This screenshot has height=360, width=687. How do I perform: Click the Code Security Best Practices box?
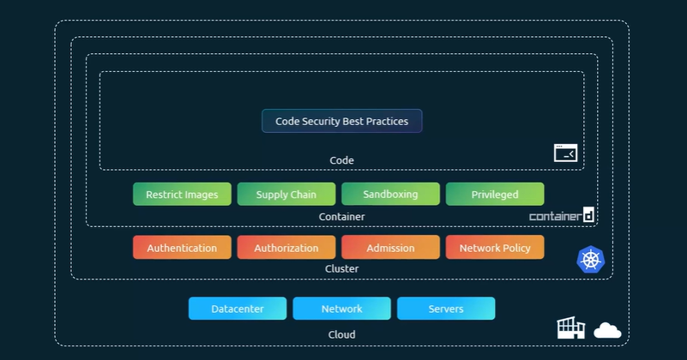pyautogui.click(x=341, y=121)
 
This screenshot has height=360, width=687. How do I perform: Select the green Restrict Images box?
pyautogui.click(x=182, y=195)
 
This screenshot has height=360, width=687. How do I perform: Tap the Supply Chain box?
pyautogui.click(x=286, y=195)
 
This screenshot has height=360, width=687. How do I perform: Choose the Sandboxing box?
pyautogui.click(x=390, y=195)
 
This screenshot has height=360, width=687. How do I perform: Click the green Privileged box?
pyautogui.click(x=495, y=195)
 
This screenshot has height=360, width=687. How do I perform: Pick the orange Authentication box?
pyautogui.click(x=182, y=248)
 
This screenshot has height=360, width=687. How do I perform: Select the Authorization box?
pyautogui.click(x=286, y=248)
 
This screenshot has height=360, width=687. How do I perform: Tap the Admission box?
pyautogui.click(x=390, y=248)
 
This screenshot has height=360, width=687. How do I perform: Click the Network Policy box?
pyautogui.click(x=495, y=248)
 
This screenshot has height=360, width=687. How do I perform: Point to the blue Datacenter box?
pyautogui.click(x=238, y=309)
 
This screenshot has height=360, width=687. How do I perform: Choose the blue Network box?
pyautogui.click(x=341, y=309)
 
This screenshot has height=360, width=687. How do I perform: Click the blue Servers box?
pyautogui.click(x=446, y=309)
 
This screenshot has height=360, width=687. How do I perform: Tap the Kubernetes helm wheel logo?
pyautogui.click(x=591, y=259)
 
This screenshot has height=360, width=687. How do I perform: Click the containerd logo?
pyautogui.click(x=562, y=215)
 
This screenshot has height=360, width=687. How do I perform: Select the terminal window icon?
pyautogui.click(x=565, y=153)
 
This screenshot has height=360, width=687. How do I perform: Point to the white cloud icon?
pyautogui.click(x=607, y=330)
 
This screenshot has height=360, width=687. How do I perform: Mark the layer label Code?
pyautogui.click(x=341, y=160)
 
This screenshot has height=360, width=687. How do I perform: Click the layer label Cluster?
pyautogui.click(x=341, y=269)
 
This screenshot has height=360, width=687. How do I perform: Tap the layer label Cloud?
pyautogui.click(x=341, y=334)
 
